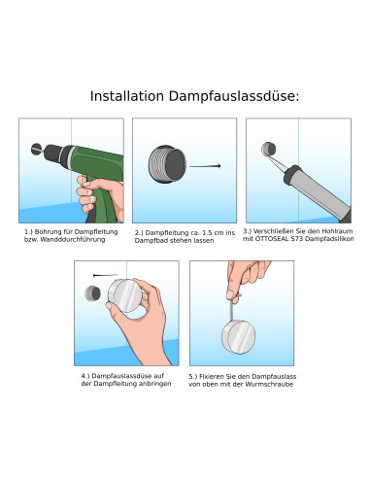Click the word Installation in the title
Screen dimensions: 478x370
point(124,96)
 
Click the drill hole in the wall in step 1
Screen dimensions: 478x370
point(37,151)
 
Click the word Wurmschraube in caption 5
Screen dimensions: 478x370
point(270,383)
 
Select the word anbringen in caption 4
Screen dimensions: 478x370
point(142,383)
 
